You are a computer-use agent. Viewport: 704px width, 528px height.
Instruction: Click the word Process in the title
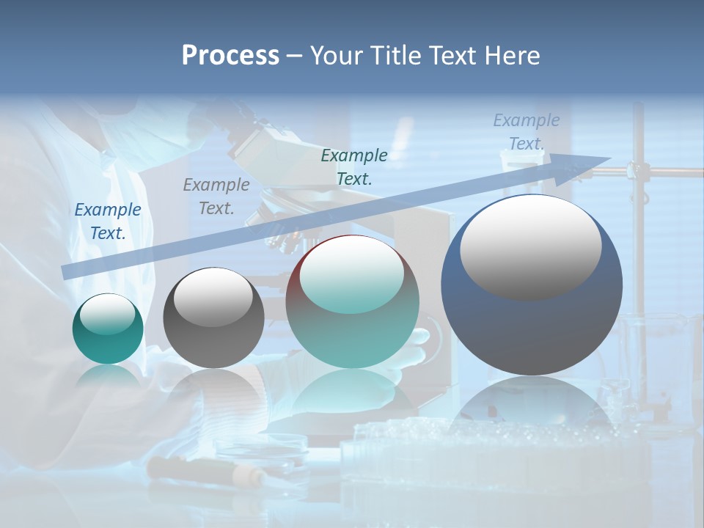pyautogui.click(x=230, y=56)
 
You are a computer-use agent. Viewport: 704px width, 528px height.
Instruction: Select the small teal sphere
pyautogui.click(x=108, y=329)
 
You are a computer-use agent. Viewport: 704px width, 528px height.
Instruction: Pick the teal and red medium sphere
pyautogui.click(x=353, y=302)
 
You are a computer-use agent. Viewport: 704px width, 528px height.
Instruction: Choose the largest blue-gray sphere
pyautogui.click(x=532, y=286)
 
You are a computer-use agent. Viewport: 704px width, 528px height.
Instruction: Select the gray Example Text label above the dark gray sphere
pyautogui.click(x=216, y=197)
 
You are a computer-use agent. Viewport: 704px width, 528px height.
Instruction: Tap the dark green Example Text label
pyautogui.click(x=354, y=166)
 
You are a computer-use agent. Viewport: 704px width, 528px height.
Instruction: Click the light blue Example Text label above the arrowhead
pyautogui.click(x=527, y=132)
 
